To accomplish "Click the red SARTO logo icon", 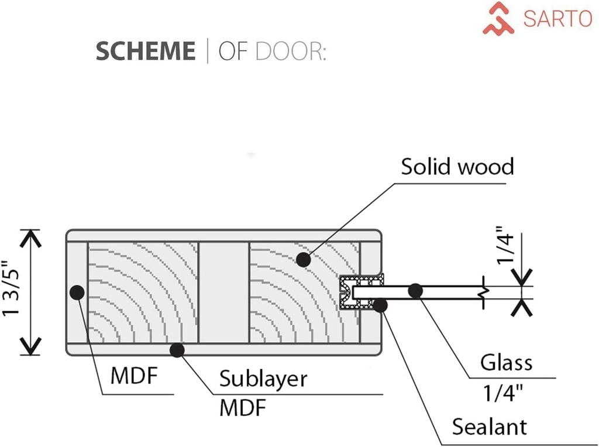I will [x=498, y=18].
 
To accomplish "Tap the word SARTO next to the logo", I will [x=557, y=18].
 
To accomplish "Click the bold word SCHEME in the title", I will [x=146, y=51].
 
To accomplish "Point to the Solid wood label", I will [x=457, y=167].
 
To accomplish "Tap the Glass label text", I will [x=506, y=363].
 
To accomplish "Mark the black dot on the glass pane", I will [x=415, y=290].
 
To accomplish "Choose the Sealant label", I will [x=489, y=427].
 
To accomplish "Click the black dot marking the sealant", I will [x=380, y=305].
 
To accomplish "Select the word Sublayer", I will [x=263, y=379].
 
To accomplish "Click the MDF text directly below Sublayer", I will [x=242, y=408].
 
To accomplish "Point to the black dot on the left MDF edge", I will [x=76, y=291].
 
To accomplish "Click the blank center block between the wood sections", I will [x=224, y=291].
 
